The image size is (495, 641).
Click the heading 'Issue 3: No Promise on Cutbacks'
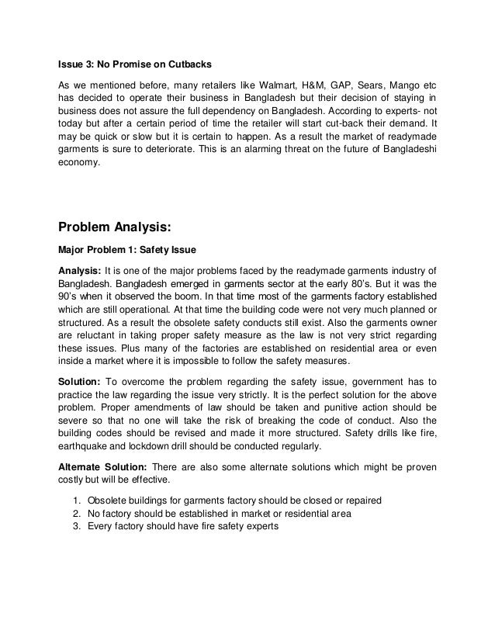click(x=126, y=62)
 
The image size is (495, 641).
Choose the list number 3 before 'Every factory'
click(x=74, y=528)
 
